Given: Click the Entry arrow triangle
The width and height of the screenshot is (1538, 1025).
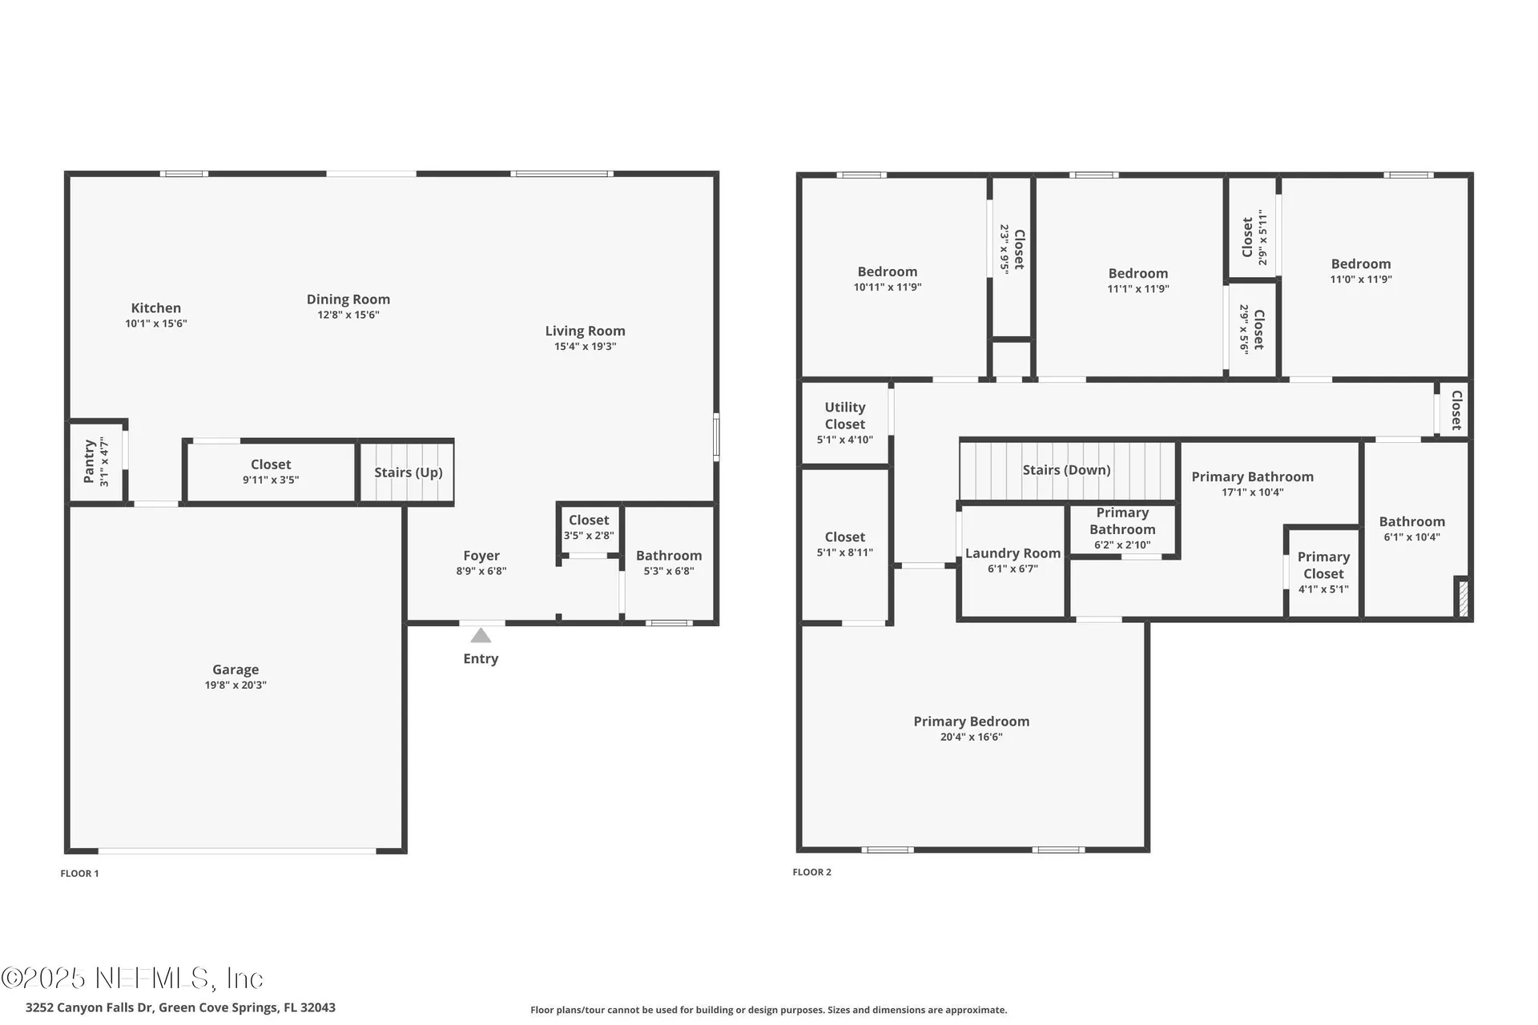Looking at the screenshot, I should pos(481,636).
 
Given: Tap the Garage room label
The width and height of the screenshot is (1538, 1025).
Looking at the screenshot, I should pos(236,669).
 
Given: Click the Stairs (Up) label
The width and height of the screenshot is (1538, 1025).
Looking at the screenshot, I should pos(408,472).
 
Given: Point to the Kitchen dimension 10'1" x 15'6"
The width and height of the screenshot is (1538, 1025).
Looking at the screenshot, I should pos(155,324).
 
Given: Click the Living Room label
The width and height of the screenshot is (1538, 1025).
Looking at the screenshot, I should pos(585,331).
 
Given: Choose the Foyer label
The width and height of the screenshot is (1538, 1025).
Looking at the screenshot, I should pos(481,556).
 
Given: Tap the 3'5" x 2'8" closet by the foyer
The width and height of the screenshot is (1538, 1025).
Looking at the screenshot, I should pos(589,528).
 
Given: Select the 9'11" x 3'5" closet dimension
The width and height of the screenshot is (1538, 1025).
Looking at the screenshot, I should pos(271,480).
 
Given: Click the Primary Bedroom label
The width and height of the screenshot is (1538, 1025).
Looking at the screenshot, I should pos(971,722).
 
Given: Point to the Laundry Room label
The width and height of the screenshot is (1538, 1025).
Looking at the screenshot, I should pos(1013,553).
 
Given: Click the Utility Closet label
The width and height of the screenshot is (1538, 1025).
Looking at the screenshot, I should pos(844,416).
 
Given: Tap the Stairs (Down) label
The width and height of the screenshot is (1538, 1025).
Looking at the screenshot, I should pos(1066,470).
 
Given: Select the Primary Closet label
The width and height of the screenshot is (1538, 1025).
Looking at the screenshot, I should pos(1323,565).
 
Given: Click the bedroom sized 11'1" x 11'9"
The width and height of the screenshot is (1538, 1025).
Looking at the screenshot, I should pos(1137,280).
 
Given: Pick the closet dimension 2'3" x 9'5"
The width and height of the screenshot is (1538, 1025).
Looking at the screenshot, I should pos(1004,249).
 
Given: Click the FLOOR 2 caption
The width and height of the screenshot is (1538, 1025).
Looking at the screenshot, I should pos(811,872).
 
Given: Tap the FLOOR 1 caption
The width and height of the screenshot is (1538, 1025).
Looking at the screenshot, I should pos(79,874).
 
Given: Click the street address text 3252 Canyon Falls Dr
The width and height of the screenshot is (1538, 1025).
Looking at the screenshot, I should pos(180,1007).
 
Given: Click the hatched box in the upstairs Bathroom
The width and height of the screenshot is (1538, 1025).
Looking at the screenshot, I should pos(1463,598).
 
